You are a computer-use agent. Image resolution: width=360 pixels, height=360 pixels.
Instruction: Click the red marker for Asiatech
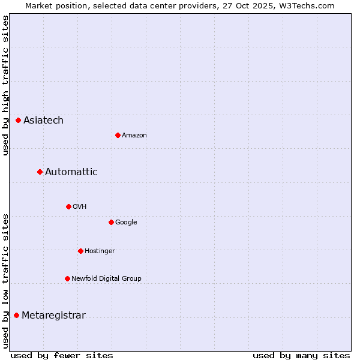(x=19, y=121)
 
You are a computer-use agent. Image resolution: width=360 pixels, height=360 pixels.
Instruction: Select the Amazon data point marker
(x=118, y=135)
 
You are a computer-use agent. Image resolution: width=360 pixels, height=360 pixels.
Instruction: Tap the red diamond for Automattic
(x=40, y=172)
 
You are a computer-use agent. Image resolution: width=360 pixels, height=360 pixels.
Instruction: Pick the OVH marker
(x=68, y=206)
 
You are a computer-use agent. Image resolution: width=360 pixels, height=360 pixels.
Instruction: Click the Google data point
(x=111, y=222)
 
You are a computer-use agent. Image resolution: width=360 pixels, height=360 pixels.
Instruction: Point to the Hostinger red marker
(x=80, y=251)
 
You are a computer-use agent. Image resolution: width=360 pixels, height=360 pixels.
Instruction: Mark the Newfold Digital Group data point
(x=67, y=278)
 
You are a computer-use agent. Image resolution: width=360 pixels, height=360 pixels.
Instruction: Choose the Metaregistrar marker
(x=17, y=316)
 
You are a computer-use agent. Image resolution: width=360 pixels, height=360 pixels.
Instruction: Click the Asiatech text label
(x=43, y=121)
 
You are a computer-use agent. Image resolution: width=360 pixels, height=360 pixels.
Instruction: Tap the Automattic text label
(x=71, y=172)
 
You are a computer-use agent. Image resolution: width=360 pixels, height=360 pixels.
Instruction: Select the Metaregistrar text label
(x=53, y=316)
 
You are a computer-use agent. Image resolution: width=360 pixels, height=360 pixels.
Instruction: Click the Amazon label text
(x=134, y=136)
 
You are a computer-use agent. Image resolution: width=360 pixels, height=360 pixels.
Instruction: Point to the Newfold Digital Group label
(x=106, y=278)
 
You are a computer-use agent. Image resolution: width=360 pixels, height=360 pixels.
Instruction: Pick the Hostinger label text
(x=100, y=251)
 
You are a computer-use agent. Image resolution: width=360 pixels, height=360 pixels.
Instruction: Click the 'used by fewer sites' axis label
(x=62, y=355)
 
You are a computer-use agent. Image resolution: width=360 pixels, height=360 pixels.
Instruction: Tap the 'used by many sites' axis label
(x=301, y=355)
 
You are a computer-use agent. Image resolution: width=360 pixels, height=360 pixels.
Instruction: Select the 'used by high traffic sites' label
(x=5, y=85)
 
